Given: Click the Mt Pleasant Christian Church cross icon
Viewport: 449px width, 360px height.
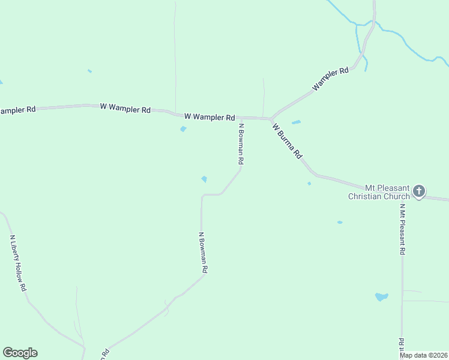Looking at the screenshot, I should coord(419,192).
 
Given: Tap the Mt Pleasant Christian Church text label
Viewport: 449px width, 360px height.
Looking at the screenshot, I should coord(379,192).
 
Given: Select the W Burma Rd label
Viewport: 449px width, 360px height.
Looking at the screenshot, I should coord(287,141).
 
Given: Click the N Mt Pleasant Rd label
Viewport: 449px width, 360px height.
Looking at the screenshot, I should coord(402,229).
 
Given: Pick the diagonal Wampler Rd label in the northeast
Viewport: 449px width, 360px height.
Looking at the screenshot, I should coord(330,79).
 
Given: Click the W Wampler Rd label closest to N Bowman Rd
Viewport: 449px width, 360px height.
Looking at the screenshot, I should coord(209,116).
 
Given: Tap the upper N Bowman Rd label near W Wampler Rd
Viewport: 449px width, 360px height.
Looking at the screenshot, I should coord(241,144).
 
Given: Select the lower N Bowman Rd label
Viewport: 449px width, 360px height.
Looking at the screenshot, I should coord(203,253).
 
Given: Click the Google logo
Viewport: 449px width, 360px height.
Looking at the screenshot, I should coord(20,353).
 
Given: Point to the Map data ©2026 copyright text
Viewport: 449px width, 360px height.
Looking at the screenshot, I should coord(423,355).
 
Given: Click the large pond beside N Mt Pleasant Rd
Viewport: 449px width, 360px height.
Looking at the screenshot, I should coord(381,296).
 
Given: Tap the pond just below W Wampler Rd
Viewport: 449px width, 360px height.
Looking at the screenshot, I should coord(183,129).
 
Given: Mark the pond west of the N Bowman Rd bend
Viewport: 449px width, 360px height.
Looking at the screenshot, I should coord(205,179).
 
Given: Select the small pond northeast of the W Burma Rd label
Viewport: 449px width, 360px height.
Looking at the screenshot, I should coord(296,122).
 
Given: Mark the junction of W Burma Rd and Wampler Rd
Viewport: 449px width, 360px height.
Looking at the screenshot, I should coord(271,119).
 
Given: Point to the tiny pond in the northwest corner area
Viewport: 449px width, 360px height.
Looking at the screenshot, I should coord(89,71).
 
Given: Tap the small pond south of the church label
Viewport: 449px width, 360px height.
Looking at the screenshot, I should coord(340,223).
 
